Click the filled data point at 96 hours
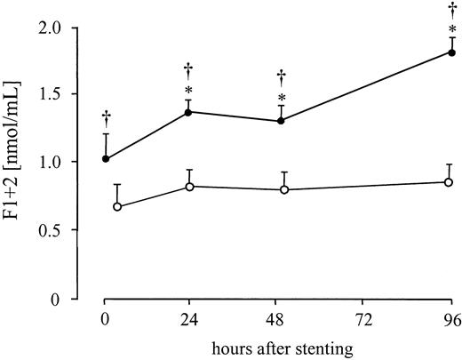tap(451, 52)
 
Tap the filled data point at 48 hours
tap(281, 121)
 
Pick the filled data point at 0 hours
tap(106, 159)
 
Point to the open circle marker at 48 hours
tap(284, 189)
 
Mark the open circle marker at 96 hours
tap(449, 182)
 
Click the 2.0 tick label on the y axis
tap(73, 27)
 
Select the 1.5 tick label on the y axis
tap(73, 94)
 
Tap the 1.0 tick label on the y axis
tap(73, 163)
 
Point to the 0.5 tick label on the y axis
tap(73, 230)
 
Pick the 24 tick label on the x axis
tap(189, 317)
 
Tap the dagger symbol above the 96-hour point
tap(452, 10)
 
